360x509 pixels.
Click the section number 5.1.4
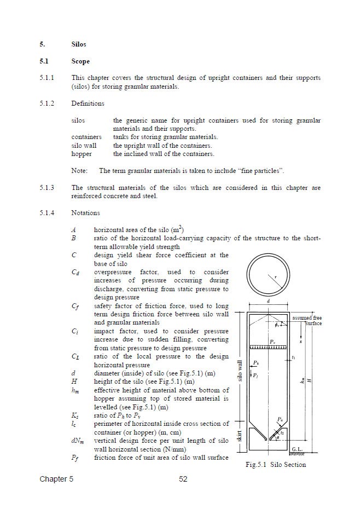(x=47, y=212)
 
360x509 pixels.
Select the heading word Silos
(x=79, y=44)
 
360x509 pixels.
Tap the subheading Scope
(x=80, y=62)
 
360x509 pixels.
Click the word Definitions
(x=88, y=103)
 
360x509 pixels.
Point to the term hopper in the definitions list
(x=82, y=154)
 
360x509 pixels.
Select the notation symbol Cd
(x=76, y=272)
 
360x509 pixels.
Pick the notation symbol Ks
(x=74, y=416)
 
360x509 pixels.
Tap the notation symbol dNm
(x=77, y=440)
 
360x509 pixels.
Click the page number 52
(x=183, y=479)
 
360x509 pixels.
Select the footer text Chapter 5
(x=56, y=479)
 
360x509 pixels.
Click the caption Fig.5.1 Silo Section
(x=275, y=465)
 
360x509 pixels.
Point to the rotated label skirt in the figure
(x=239, y=436)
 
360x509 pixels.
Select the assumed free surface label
(x=306, y=321)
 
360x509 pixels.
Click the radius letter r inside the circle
(x=276, y=277)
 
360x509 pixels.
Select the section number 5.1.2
(x=47, y=103)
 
